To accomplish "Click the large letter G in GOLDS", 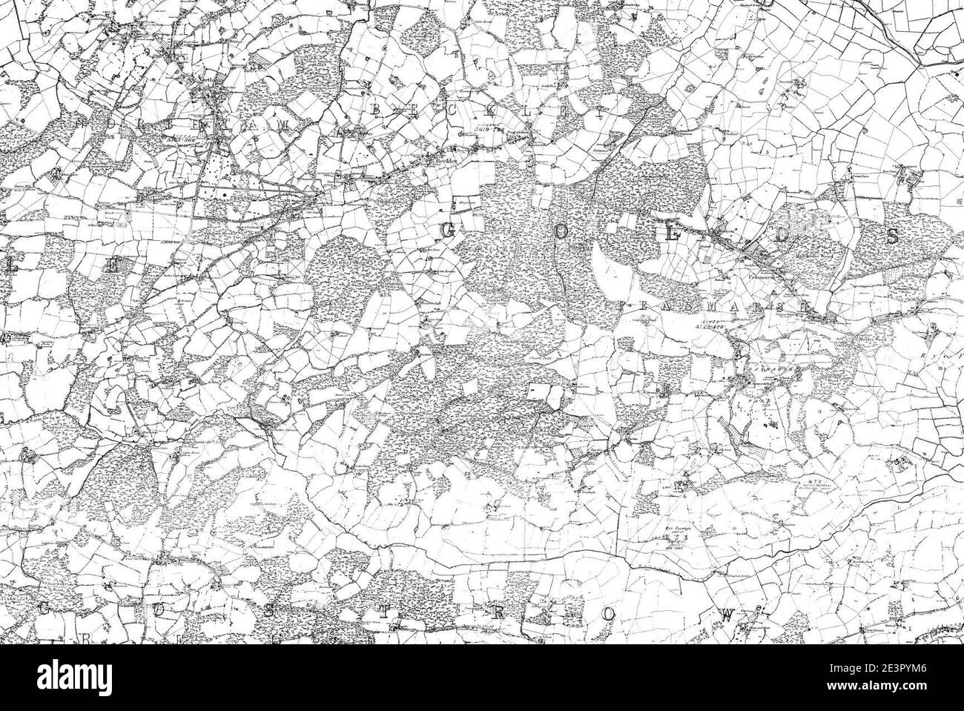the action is [448, 232].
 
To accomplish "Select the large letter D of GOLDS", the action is [782, 235].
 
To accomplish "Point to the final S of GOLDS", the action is [893, 237].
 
